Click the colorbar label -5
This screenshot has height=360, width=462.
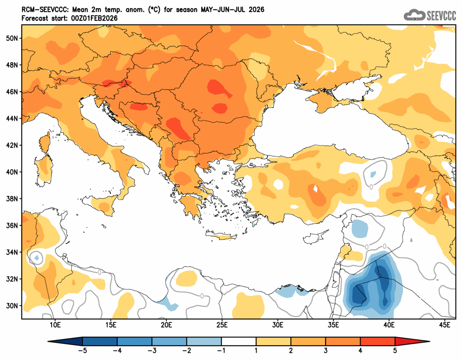tap(82, 350)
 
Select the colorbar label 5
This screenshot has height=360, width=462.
tap(395, 350)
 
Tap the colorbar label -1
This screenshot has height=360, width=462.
tap(221, 350)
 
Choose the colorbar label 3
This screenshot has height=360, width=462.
tap(326, 350)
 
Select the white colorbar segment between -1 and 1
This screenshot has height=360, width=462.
tap(239, 341)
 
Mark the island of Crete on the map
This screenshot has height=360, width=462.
tap(224, 237)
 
